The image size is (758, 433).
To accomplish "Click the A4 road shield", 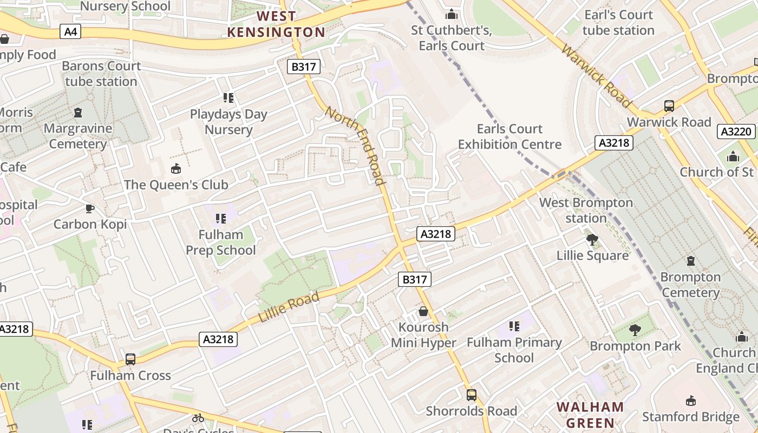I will coord(71,32).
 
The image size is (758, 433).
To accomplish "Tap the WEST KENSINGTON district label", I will coord(276,24).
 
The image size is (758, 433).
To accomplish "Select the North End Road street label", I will coord(356,145).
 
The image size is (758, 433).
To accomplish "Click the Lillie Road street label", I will coord(289,307).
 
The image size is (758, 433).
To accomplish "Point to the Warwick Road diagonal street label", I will coord(596,76).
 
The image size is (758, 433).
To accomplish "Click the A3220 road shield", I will coord(737,132).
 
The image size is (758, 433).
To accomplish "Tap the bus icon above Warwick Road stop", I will coord(669,106).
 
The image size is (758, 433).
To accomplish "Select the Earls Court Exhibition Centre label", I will coord(509,136).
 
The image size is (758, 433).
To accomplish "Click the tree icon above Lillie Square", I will coord(592,239).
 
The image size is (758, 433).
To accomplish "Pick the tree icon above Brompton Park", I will coord(635,330).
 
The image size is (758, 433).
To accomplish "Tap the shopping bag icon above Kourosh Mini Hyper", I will coord(423,311).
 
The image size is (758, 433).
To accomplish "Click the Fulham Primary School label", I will coord(514,350).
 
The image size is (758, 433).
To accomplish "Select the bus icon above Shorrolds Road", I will coord(472,395).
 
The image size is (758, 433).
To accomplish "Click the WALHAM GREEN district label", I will coord(590,415).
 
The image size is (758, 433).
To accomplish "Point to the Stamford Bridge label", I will coord(690,417).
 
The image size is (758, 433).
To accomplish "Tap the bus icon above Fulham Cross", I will coord(130,359).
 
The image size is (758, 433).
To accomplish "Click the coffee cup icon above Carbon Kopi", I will coord(90,208).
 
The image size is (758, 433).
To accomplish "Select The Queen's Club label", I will coord(176,185).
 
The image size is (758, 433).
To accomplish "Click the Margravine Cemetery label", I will coord(78,136).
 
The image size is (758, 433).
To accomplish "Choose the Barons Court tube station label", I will coord(101,74).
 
